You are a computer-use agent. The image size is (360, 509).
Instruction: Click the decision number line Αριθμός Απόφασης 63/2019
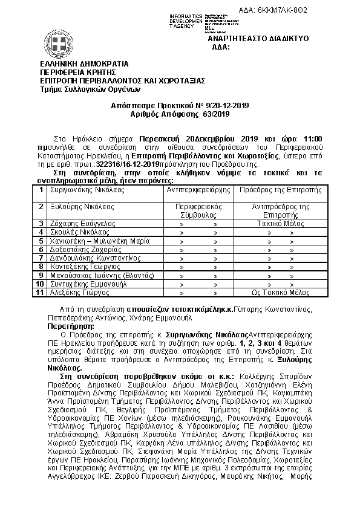[x=180, y=113]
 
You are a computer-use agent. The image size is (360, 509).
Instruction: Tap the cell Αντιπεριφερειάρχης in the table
[x=198, y=189]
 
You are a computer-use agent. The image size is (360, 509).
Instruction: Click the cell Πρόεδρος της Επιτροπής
[x=279, y=189]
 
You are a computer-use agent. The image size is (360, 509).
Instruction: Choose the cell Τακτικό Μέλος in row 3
[x=279, y=223]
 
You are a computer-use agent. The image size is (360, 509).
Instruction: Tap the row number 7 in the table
[x=39, y=258]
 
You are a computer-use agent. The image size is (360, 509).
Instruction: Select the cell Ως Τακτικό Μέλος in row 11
[x=279, y=292]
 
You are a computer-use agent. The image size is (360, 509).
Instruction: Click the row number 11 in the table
[x=39, y=292]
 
